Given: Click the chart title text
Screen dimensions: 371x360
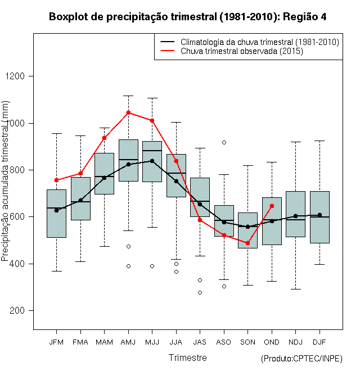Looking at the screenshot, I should click(187, 17).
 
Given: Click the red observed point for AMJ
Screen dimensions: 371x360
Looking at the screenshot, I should click(128, 112).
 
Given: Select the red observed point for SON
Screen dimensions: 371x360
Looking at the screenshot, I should click(247, 243).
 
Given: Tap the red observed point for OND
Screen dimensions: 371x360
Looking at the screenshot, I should click(272, 206).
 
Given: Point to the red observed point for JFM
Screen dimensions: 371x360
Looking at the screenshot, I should click(56, 180).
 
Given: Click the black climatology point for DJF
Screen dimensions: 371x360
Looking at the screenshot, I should click(319, 215).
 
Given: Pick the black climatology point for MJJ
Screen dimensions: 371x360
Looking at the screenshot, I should click(152, 161).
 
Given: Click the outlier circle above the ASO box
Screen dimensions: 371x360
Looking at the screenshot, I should click(224, 142).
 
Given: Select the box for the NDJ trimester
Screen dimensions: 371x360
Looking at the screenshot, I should click(295, 214).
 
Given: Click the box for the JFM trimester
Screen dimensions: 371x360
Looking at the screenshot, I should click(56, 214).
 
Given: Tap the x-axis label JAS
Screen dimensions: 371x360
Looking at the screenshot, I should click(200, 342).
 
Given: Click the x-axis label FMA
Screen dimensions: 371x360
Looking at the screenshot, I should click(80, 342).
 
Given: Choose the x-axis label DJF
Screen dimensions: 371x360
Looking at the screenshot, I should click(319, 342).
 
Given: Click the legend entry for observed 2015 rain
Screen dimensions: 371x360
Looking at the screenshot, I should click(242, 51).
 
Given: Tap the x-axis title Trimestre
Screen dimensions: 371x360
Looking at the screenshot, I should click(188, 358).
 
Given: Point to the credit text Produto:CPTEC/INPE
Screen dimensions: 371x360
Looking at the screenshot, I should click(301, 359).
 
